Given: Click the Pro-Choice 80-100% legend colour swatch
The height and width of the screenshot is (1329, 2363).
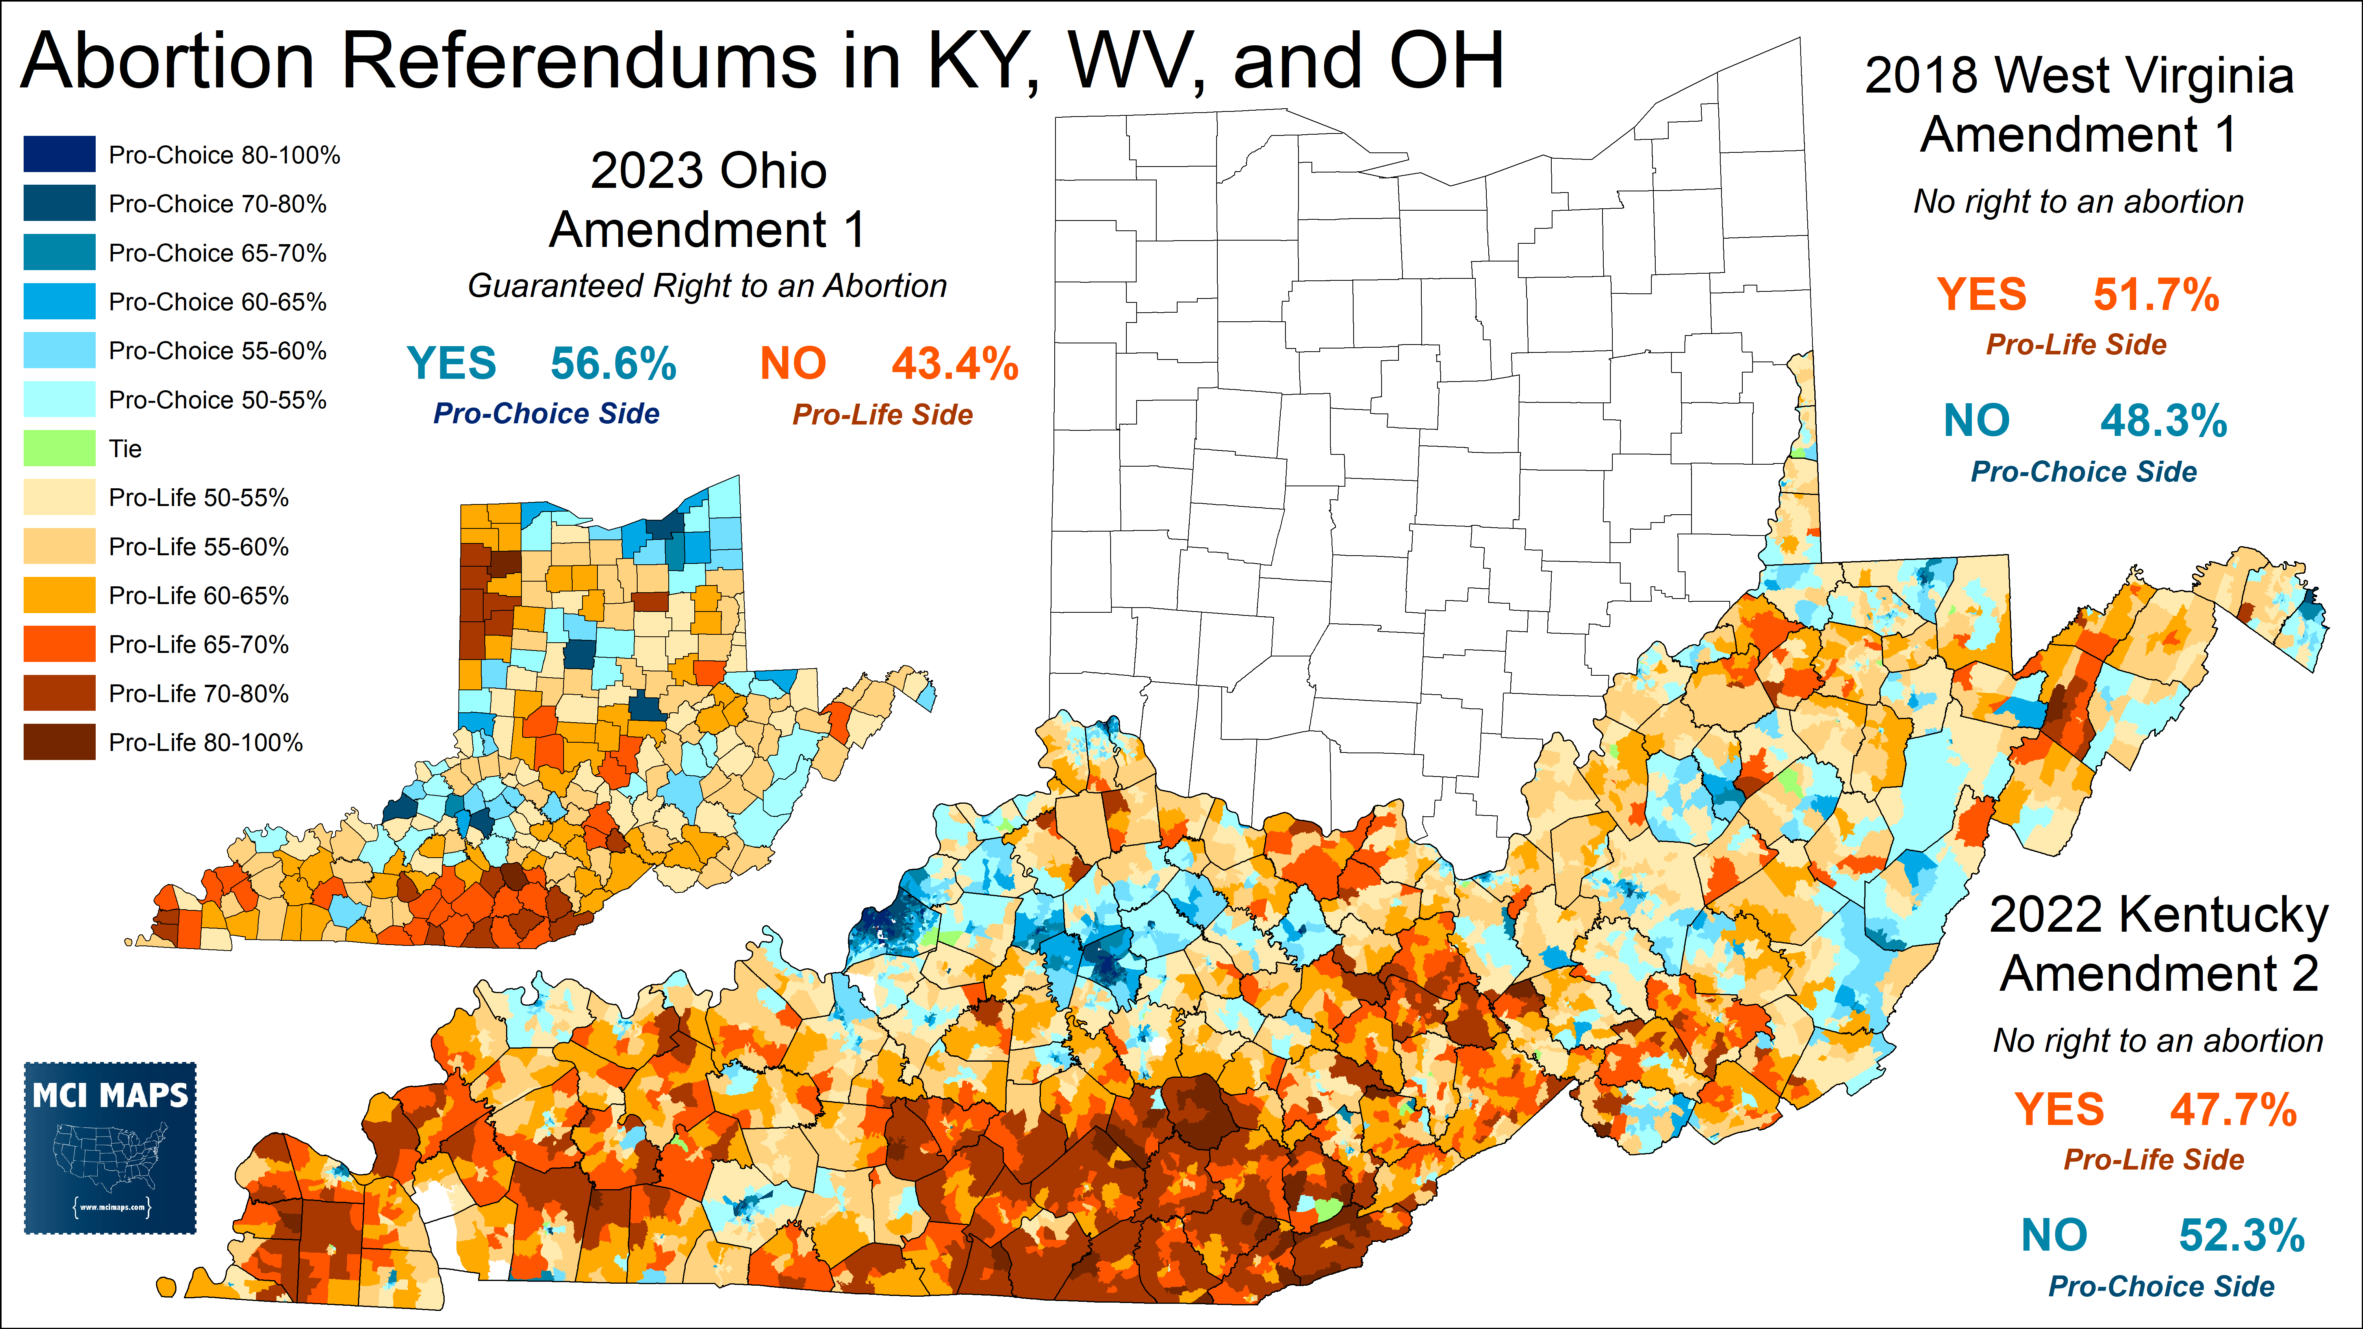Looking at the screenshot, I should click(x=59, y=154).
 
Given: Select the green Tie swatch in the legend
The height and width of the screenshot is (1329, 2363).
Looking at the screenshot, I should click(x=59, y=449).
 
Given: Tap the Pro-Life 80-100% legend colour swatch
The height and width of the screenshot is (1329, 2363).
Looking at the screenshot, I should click(x=59, y=742).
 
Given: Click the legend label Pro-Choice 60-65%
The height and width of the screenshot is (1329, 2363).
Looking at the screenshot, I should click(x=217, y=302).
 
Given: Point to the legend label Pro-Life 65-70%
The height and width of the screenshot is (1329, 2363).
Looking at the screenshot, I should click(x=198, y=645).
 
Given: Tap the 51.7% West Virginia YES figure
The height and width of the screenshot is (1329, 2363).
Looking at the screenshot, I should click(x=2156, y=295).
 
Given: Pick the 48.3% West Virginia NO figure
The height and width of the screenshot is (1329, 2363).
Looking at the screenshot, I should click(x=2163, y=421).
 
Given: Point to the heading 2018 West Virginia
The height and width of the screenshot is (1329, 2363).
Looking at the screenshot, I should click(x=2079, y=75).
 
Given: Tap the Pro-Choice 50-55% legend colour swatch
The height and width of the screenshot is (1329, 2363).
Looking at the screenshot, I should click(x=59, y=400).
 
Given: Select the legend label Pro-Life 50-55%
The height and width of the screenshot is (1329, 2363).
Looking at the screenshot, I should click(x=198, y=498).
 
